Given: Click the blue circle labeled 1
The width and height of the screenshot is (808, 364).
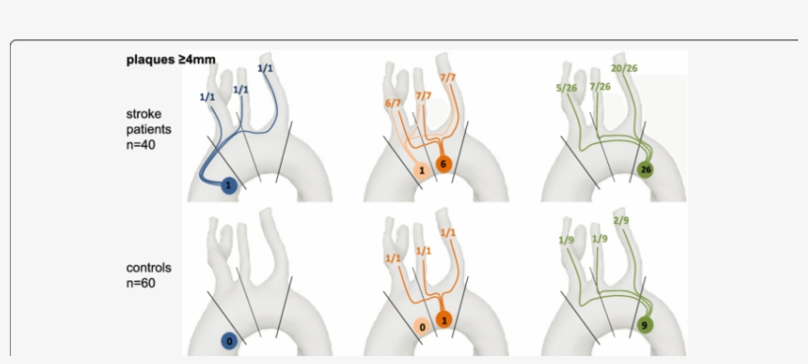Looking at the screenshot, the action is click(229, 184).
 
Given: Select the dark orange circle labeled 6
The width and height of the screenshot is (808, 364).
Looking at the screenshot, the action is click(443, 164).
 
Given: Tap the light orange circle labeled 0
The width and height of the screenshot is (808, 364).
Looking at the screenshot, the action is click(422, 326).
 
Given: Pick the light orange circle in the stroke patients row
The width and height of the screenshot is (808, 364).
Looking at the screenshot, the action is click(422, 170).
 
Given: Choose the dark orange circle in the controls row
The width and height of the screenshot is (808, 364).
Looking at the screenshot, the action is click(444, 320).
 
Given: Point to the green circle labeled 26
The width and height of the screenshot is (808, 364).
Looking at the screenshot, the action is click(646, 169).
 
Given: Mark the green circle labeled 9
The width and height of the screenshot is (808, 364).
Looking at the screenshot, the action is click(644, 323).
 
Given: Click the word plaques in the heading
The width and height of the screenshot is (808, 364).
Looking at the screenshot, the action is click(149, 59).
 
